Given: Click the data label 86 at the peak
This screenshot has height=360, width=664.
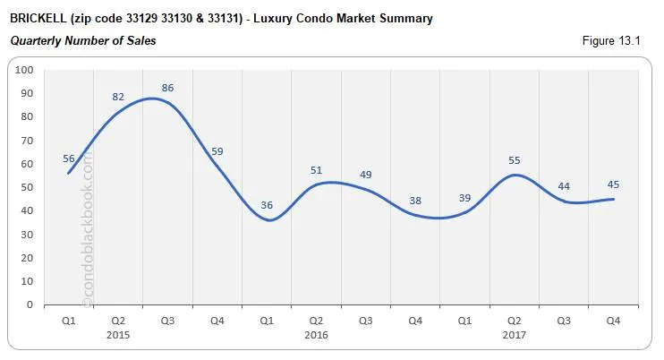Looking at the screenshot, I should point(167,88).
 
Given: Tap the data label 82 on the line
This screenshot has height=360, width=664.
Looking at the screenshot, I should point(118,97).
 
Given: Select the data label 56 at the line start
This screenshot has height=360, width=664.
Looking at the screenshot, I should point(69,159).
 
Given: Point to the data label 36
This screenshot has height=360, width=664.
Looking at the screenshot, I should point(266,205).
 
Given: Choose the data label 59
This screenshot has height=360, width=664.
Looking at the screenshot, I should point(217,151).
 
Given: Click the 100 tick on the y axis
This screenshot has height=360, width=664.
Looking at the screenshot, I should point(25,70).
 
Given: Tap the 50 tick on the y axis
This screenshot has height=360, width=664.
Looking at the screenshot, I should point(28,187).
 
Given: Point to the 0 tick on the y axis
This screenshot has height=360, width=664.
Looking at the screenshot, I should point(30,304).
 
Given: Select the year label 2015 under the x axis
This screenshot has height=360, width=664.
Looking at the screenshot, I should point(118,335).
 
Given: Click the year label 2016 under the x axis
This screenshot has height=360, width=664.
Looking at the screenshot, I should point(316,335).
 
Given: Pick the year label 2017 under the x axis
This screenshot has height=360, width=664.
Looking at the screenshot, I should point(514,335).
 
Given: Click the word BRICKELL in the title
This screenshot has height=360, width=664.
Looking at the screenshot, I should point(37,18).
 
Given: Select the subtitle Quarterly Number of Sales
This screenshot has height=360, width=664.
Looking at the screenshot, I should point(82,41).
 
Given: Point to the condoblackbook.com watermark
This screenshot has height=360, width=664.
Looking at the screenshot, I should point(88,228).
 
